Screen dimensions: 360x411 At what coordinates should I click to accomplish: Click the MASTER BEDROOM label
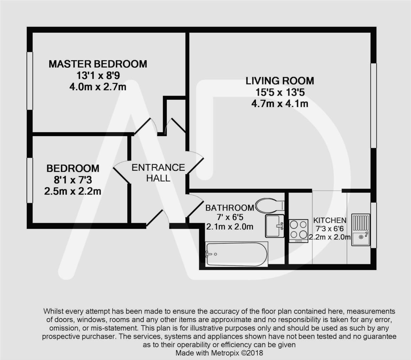(x=98, y=64)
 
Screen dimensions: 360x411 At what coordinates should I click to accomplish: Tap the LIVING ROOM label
(x=280, y=81)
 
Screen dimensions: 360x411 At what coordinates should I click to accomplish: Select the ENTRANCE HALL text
(x=158, y=172)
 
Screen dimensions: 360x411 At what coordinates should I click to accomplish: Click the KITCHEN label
(x=330, y=220)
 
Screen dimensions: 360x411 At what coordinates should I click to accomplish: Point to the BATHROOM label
(x=229, y=208)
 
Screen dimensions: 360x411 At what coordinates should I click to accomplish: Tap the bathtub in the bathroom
(x=236, y=254)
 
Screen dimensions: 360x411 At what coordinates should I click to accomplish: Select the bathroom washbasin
(x=275, y=226)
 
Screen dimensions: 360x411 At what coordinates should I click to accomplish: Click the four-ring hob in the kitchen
(x=298, y=230)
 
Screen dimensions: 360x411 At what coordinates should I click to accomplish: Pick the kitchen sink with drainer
(x=360, y=230)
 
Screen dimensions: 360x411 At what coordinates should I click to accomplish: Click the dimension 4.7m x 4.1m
(x=280, y=104)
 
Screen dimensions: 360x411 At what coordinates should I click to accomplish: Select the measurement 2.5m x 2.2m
(x=73, y=191)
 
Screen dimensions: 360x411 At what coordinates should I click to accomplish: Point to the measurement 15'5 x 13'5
(x=280, y=92)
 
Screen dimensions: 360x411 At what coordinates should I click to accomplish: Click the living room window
(x=373, y=105)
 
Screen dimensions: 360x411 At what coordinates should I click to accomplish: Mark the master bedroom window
(x=30, y=81)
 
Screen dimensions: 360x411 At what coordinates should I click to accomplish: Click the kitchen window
(x=373, y=225)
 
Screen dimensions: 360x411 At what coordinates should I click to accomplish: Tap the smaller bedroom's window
(x=30, y=180)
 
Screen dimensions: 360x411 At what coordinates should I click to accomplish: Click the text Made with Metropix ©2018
(x=219, y=353)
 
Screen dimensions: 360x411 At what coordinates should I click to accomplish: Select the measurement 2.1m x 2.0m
(x=229, y=227)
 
